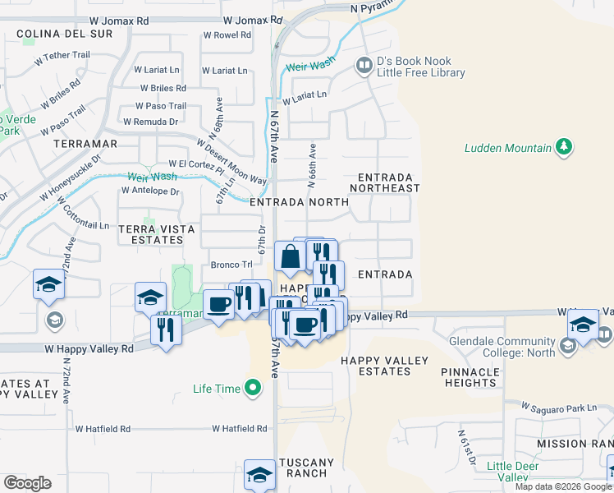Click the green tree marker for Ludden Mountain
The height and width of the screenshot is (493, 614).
(563, 147)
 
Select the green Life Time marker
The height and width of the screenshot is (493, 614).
(253, 387)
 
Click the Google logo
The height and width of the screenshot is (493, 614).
(27, 482)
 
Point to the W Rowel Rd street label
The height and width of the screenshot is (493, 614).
(227, 35)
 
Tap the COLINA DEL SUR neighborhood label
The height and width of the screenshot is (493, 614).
(53, 35)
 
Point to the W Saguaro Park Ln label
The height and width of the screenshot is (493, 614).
(561, 408)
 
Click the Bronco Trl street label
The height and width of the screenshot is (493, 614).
(231, 265)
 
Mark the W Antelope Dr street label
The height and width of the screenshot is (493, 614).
(149, 191)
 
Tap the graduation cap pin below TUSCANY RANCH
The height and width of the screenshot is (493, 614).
(259, 475)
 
